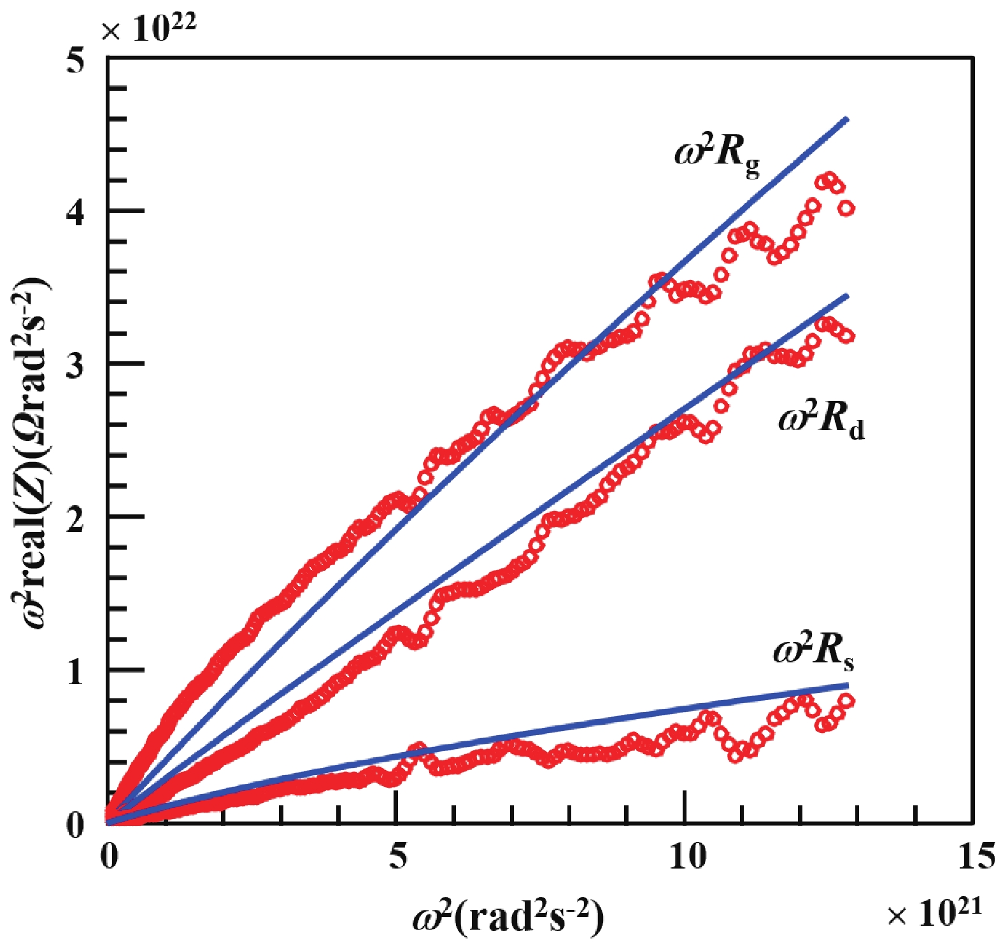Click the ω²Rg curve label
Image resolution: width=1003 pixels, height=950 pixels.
tap(716, 156)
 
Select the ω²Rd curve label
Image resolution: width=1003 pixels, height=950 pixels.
tap(821, 420)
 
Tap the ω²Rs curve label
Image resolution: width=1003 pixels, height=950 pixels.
tap(813, 652)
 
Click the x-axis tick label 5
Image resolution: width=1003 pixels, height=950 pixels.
tap(397, 857)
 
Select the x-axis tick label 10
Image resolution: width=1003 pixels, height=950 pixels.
tap(687, 857)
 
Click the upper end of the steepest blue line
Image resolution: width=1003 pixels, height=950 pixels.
tap(846, 118)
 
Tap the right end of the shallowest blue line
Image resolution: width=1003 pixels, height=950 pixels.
tap(848, 685)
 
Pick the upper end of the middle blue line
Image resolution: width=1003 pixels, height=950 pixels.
tap(848, 295)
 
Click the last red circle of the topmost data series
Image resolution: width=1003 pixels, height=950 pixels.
tap(846, 208)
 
